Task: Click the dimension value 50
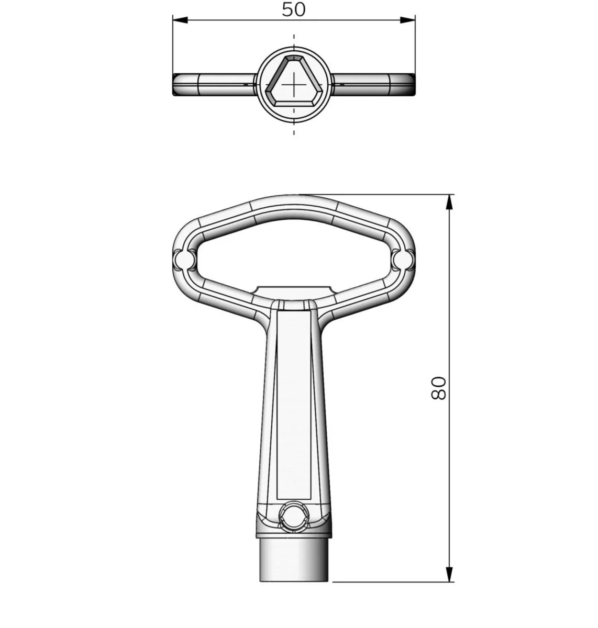293,9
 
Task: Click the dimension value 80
438,388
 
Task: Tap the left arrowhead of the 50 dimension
180,20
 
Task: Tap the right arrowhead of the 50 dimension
407,20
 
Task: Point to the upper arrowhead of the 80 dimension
449,202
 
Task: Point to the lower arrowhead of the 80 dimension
449,574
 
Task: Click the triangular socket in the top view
294,81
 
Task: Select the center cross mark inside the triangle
294,85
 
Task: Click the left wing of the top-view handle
214,85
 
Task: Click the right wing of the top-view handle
373,85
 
